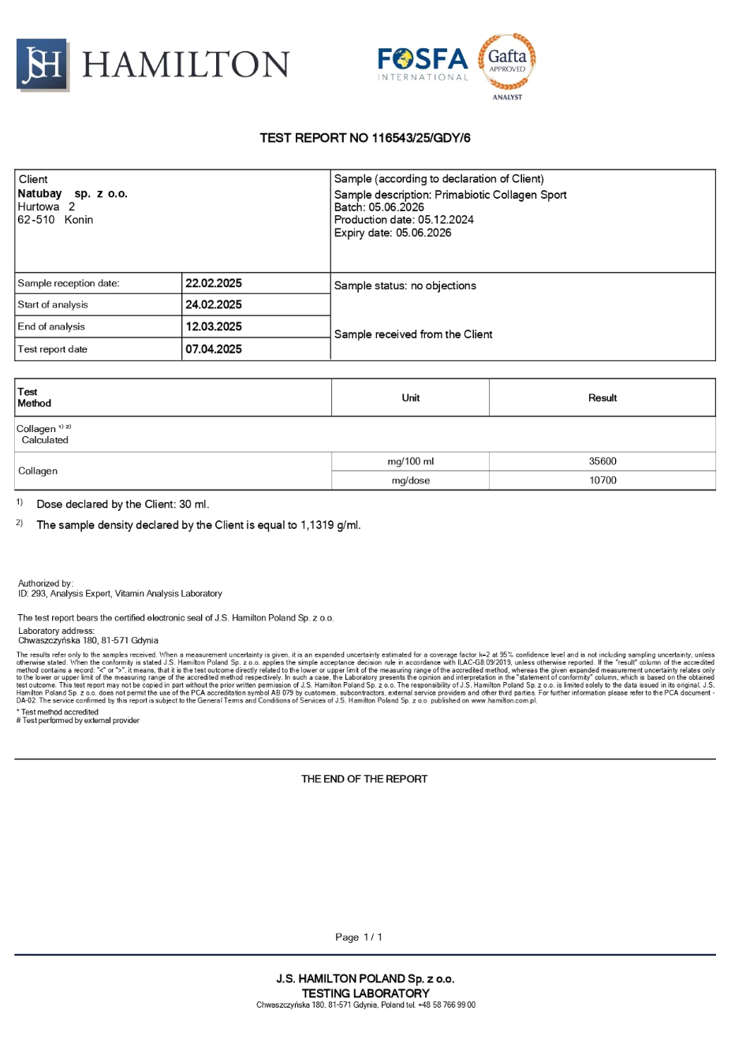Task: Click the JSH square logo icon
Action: click(43, 65)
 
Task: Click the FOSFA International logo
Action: click(423, 64)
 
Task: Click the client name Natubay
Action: click(39, 193)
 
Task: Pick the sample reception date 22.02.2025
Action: click(214, 283)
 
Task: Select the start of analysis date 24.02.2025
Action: click(214, 304)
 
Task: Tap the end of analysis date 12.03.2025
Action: click(214, 326)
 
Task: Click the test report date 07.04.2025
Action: click(214, 349)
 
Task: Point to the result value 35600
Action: click(602, 461)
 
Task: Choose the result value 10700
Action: click(602, 480)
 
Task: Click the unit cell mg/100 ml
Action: click(410, 461)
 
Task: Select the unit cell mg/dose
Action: click(410, 480)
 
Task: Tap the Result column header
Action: click(602, 398)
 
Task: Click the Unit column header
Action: click(410, 398)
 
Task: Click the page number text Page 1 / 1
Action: click(359, 937)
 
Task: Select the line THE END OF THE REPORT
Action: click(364, 779)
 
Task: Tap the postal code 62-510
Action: click(36, 220)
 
